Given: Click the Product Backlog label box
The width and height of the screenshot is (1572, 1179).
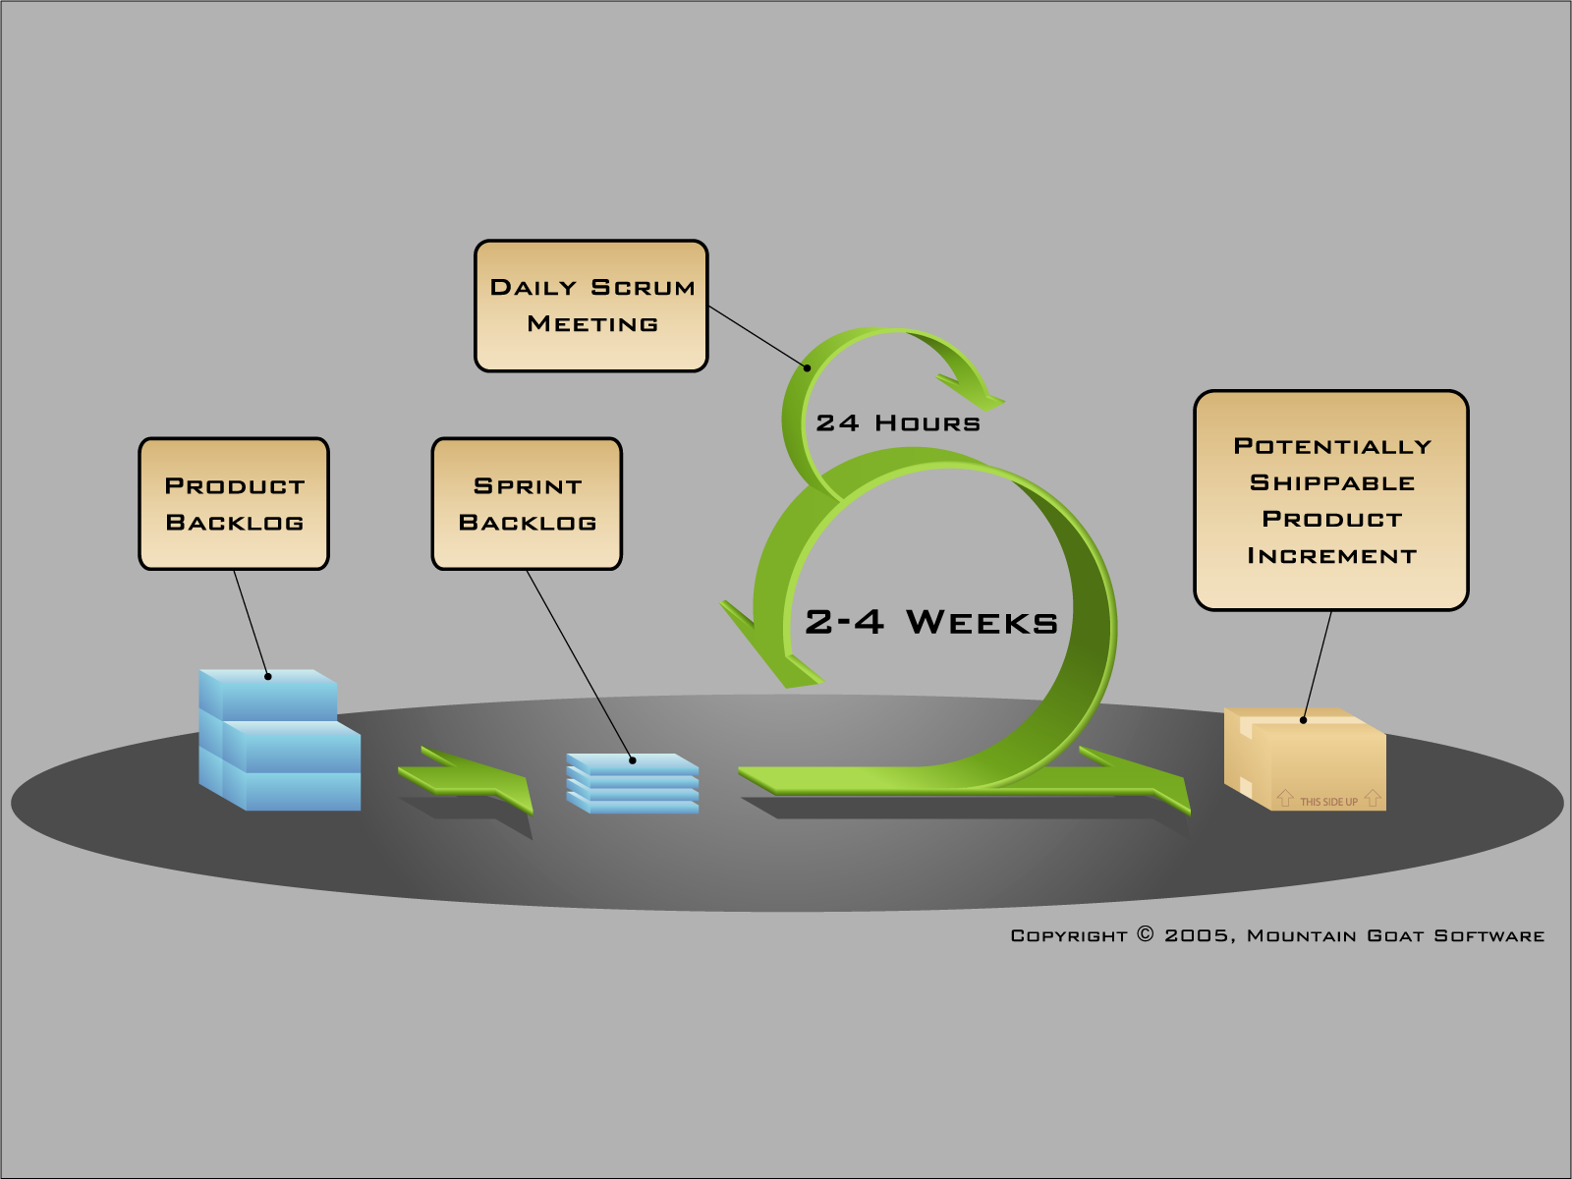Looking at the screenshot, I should click(234, 503).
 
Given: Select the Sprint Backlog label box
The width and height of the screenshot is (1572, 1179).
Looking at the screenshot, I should click(527, 503).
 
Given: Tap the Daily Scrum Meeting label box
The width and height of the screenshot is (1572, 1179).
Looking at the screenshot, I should click(591, 306).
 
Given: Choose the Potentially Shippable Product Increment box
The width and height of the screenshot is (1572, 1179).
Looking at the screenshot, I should click(1331, 500).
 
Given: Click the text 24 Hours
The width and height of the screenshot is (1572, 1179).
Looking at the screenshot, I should click(898, 423).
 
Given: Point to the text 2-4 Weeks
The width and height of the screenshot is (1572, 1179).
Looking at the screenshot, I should click(931, 622).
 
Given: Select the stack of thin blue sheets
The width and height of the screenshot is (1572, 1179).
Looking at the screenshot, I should click(633, 783).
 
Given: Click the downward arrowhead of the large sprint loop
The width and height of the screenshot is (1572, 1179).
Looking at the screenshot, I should click(770, 648).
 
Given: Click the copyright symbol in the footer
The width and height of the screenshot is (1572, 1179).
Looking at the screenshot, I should click(1146, 934).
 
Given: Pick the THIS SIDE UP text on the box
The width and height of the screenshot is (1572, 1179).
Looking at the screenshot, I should click(1328, 802).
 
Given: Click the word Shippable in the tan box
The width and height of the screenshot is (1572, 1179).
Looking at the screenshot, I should click(1331, 482).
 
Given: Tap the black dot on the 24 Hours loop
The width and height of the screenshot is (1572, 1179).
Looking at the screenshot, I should click(808, 368).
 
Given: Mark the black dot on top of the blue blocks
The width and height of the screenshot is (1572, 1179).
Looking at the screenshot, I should click(268, 676).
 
